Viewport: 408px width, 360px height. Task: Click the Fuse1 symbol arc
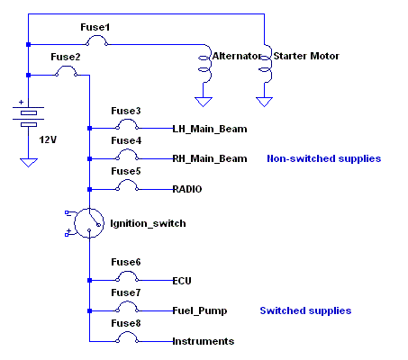click(x=96, y=36)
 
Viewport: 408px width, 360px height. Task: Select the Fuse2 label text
click(x=66, y=57)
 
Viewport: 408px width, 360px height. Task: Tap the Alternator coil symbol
click(x=205, y=64)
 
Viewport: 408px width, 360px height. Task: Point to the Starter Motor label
click(x=306, y=56)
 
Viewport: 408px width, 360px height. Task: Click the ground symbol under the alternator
click(x=204, y=102)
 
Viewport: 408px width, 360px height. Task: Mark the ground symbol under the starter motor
click(x=264, y=102)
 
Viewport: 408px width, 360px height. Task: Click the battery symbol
click(x=29, y=116)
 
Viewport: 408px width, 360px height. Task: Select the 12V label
click(x=48, y=139)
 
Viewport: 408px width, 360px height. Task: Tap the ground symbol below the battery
click(x=29, y=163)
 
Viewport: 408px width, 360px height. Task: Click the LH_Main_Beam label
click(x=210, y=129)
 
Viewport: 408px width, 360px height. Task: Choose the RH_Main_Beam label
click(x=210, y=158)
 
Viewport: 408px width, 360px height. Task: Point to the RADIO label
click(x=187, y=189)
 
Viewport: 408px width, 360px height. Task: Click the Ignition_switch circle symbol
click(x=75, y=223)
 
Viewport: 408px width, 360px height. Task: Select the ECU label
click(x=182, y=281)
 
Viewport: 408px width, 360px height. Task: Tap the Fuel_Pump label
click(x=200, y=310)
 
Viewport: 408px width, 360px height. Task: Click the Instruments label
click(x=204, y=341)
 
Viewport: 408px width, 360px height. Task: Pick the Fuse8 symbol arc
click(x=127, y=332)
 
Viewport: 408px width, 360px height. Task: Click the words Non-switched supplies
click(x=324, y=158)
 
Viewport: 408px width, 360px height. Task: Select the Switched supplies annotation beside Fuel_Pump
click(x=305, y=310)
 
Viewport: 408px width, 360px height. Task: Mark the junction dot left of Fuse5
click(x=89, y=189)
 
